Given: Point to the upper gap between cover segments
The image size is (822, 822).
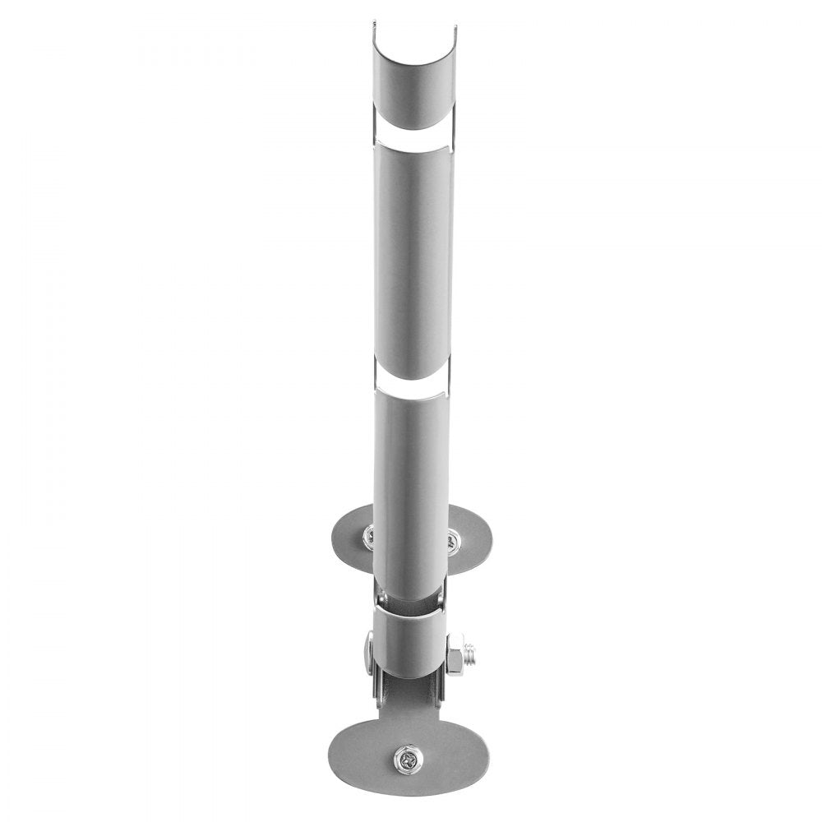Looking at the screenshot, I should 413,137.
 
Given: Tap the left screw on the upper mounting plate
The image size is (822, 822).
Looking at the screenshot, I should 369,537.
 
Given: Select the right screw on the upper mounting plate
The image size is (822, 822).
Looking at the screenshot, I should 452,540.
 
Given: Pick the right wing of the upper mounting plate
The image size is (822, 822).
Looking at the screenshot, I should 472,538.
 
